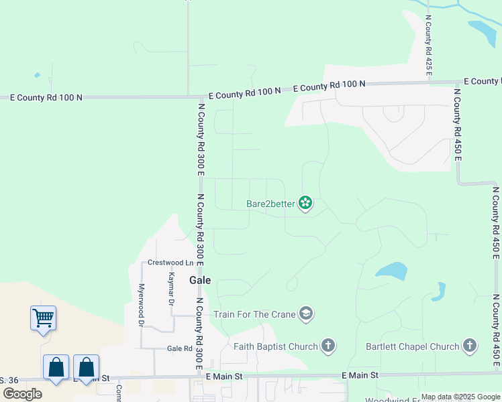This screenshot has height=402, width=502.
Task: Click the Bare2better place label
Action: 271,203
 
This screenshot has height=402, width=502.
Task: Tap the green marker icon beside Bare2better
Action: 305,203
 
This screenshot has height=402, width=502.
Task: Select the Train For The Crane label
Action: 255,314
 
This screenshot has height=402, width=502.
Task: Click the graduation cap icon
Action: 306,314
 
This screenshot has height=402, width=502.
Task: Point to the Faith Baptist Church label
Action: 276,346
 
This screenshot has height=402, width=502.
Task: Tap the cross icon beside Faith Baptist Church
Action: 328,346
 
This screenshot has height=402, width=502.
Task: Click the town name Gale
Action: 200,281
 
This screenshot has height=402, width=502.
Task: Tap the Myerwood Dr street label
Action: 142,305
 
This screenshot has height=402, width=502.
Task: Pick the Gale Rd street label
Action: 179,349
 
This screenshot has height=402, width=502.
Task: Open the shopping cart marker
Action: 43,317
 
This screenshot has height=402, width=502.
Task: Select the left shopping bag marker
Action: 56,367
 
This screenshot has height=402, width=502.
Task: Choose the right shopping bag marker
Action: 86,367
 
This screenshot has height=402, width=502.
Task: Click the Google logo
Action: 21,393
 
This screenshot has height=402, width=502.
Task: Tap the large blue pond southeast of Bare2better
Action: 391,271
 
